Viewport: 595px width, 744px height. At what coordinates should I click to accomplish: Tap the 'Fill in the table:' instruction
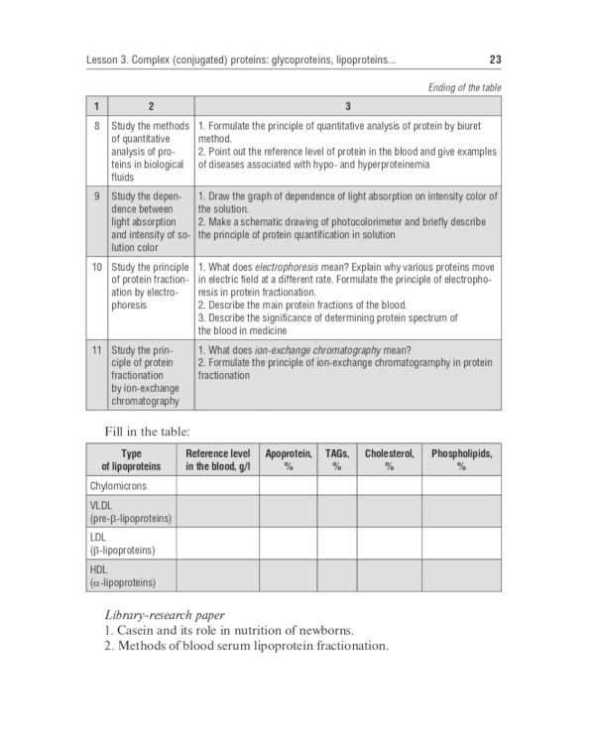click(147, 430)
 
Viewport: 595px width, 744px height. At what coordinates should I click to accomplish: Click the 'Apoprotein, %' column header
click(289, 459)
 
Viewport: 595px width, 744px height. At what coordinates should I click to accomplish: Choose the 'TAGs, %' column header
click(337, 459)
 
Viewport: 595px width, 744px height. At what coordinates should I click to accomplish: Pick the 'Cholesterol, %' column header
click(389, 459)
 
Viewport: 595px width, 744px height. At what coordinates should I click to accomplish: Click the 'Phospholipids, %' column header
click(461, 459)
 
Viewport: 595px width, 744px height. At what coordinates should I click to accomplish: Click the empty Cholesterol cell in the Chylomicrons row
click(389, 486)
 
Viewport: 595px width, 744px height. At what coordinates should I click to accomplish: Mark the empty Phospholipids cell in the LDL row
click(461, 544)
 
